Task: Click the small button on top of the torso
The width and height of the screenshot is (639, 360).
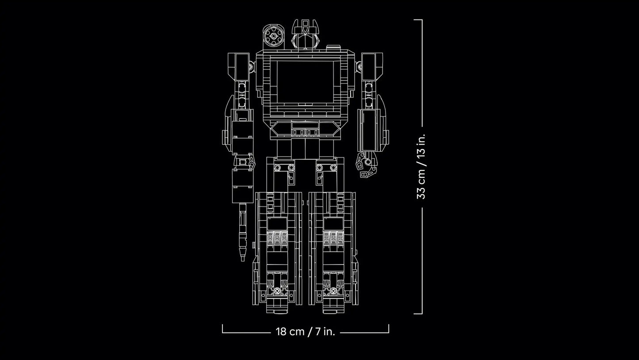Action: (333, 46)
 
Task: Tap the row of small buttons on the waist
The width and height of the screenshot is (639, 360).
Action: (305, 132)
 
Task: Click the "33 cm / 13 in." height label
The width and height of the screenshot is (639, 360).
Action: (421, 166)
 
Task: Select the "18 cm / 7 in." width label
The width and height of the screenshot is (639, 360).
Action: (305, 332)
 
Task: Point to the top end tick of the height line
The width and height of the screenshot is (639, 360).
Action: (418, 20)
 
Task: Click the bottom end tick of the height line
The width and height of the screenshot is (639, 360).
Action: (418, 314)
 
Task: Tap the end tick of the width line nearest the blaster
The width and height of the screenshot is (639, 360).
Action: (222, 329)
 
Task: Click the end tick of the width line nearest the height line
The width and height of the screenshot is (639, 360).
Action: (389, 329)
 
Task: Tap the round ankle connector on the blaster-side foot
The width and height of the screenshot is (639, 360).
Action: (277, 291)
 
